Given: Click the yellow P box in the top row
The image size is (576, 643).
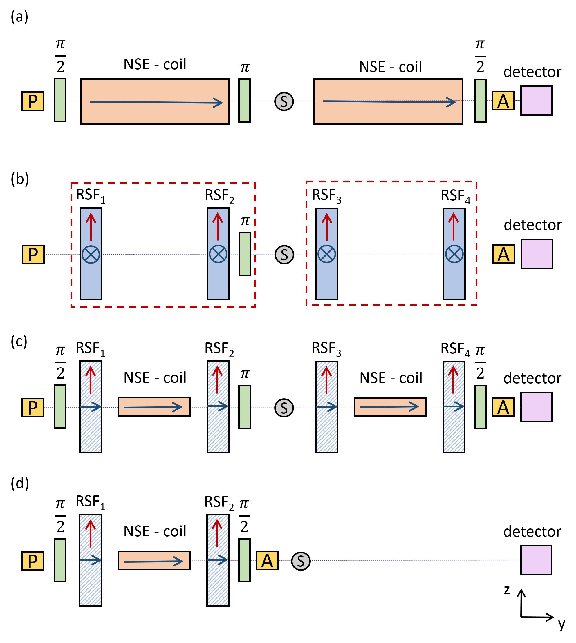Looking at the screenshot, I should (x=33, y=101).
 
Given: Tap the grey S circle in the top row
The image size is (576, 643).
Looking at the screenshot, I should (x=284, y=101).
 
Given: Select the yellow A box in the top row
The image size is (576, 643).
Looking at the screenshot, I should (x=503, y=101).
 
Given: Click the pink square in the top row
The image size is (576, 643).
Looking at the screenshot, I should (x=537, y=100).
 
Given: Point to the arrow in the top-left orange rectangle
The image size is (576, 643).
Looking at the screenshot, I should (x=156, y=102).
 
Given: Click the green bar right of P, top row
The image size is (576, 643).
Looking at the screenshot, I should (x=60, y=100).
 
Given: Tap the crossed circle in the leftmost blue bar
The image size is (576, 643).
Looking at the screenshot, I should (x=91, y=255).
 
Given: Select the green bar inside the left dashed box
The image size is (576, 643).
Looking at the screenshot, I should (x=245, y=254).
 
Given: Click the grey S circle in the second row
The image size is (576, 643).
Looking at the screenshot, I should (x=284, y=255).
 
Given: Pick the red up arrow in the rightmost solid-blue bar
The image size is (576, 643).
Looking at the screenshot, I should (x=454, y=226).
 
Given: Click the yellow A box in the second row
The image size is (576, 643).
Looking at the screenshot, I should (x=503, y=254).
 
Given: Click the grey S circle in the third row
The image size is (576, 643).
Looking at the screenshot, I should (x=284, y=408).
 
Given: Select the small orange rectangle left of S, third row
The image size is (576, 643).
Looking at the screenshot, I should (x=154, y=406).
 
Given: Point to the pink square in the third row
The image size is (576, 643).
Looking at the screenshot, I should (x=537, y=407).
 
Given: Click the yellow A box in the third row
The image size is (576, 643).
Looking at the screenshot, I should (x=503, y=407).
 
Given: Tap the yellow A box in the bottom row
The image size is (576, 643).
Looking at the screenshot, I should (x=267, y=560).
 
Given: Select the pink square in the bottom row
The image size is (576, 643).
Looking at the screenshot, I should (x=536, y=560).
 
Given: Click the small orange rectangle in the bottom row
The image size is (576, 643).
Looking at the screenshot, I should (x=154, y=560).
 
